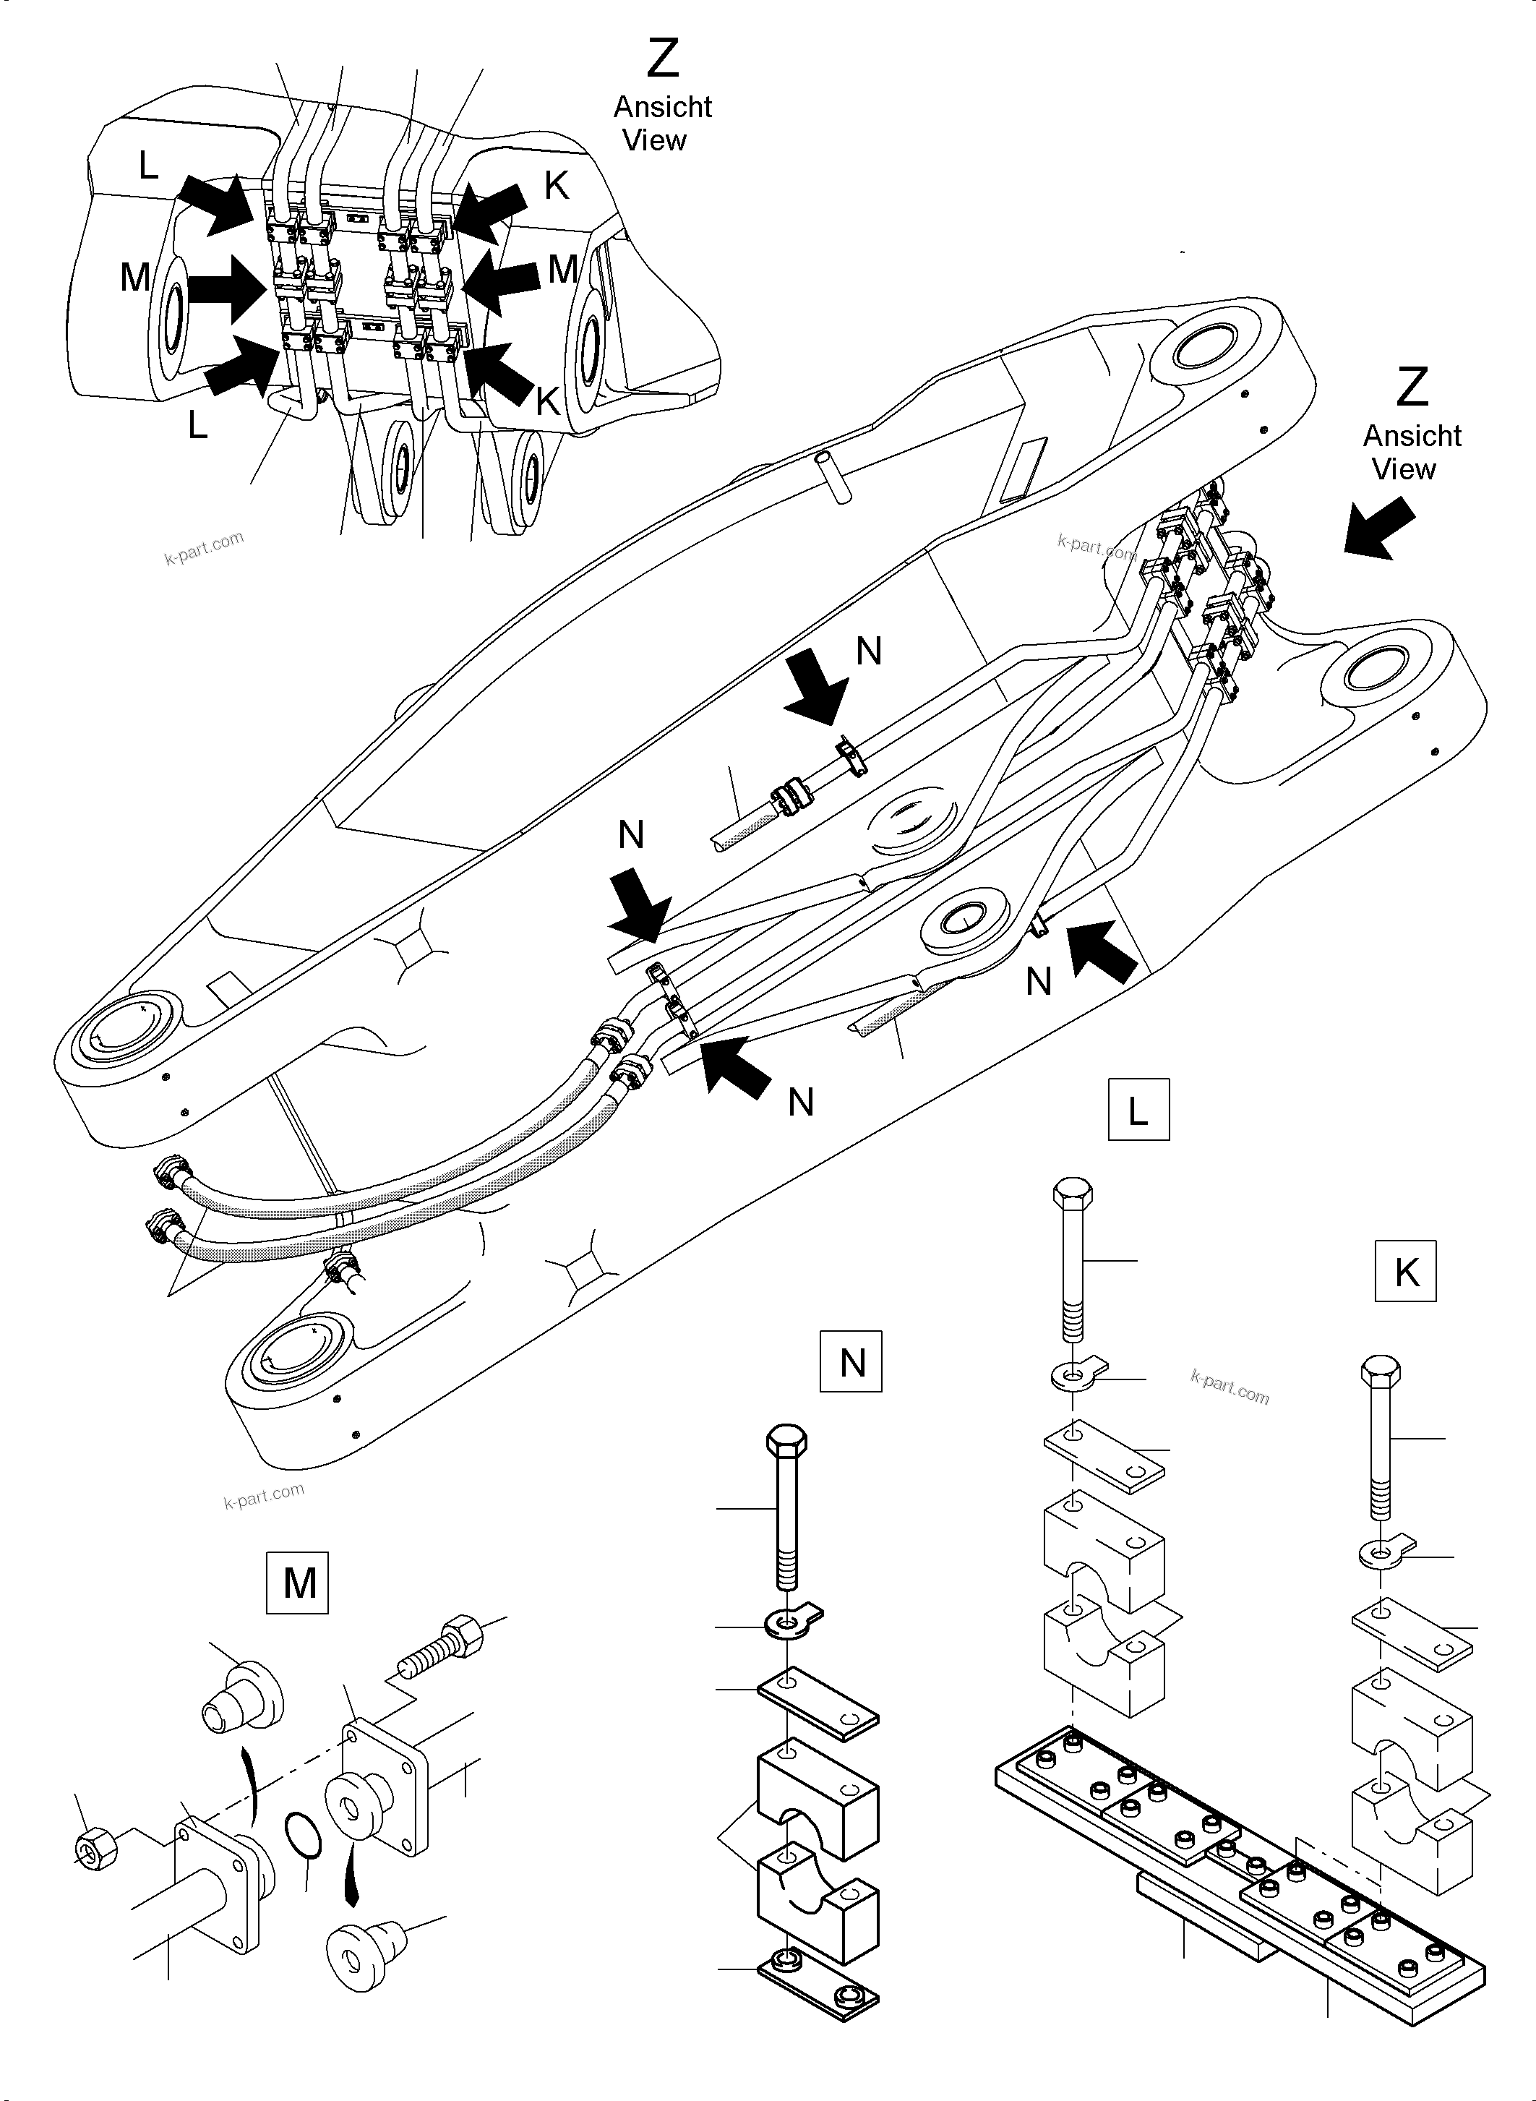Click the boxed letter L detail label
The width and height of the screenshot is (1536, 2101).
click(x=1138, y=1111)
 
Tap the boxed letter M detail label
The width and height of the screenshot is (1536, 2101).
click(x=298, y=1582)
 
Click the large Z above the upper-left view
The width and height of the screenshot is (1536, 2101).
click(x=662, y=58)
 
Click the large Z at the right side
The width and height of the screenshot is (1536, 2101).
click(x=1412, y=387)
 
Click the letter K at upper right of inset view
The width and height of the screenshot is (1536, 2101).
click(x=556, y=186)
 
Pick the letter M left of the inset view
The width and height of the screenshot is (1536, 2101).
click(x=135, y=276)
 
